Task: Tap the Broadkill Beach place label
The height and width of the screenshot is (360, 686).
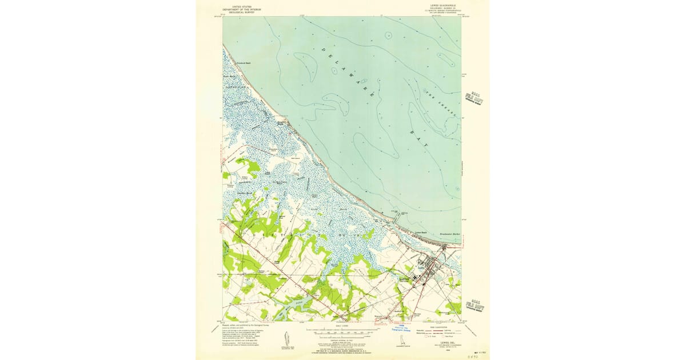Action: coord(229,63)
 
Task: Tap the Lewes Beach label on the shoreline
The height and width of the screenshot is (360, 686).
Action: coord(421,233)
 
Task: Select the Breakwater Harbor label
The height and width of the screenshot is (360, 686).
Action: coord(450,234)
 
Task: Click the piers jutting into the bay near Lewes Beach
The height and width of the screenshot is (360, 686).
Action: coord(397,215)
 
